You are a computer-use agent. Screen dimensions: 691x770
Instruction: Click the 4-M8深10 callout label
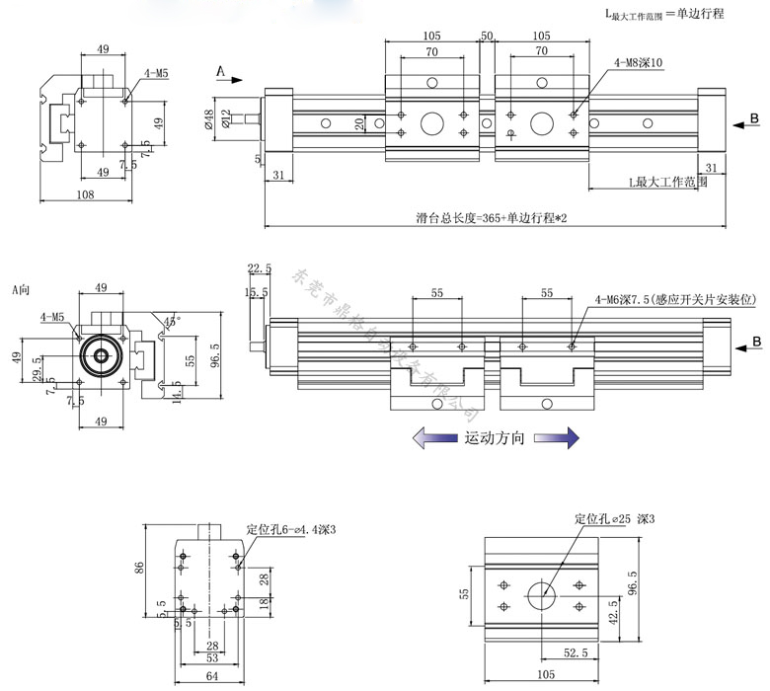click(638, 64)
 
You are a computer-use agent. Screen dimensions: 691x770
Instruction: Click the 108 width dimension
click(85, 195)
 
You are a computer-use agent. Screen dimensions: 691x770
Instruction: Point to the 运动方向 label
click(494, 436)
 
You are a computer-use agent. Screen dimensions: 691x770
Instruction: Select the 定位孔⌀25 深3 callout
click(615, 518)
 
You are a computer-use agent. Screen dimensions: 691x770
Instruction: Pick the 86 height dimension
click(140, 567)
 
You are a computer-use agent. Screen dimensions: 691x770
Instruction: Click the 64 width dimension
click(211, 675)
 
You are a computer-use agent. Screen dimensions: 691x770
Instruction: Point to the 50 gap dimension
click(487, 37)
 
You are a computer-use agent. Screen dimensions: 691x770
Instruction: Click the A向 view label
click(22, 290)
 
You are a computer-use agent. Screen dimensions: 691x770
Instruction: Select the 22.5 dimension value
click(259, 269)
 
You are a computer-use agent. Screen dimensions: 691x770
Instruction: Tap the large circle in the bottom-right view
click(540, 595)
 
